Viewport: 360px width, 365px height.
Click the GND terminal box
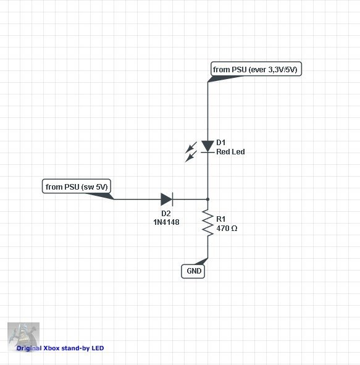(193, 271)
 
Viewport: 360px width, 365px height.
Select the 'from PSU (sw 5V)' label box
(77, 187)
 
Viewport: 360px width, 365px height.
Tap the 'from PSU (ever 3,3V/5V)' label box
(256, 69)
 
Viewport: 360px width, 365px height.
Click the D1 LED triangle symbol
(207, 146)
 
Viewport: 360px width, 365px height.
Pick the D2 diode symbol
(167, 199)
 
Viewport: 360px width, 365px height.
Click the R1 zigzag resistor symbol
(207, 222)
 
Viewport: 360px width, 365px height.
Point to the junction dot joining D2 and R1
(207, 199)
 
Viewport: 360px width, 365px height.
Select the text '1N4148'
(166, 222)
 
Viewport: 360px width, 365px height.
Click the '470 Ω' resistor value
(227, 229)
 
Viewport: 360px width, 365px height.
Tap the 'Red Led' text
(230, 152)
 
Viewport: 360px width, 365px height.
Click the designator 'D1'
(220, 142)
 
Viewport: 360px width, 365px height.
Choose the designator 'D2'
(166, 213)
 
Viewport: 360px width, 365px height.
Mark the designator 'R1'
(220, 219)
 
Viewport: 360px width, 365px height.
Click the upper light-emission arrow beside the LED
(191, 148)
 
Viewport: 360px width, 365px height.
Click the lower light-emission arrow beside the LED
(191, 156)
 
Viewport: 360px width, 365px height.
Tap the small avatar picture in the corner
(23, 337)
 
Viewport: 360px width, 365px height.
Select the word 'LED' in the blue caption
(98, 348)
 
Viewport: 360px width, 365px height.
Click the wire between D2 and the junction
(190, 199)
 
